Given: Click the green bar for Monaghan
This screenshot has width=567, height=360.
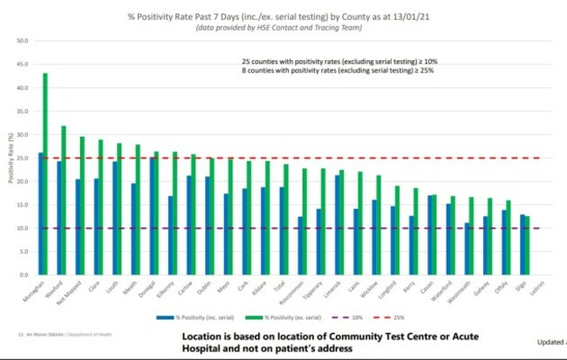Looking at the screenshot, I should (x=45, y=174).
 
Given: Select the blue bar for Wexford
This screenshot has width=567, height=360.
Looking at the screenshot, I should (x=59, y=218).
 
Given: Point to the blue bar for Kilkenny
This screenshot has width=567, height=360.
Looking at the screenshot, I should (x=169, y=235).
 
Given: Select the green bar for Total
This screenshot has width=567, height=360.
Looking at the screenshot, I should (x=286, y=219).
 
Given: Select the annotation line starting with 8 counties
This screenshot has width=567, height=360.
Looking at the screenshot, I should (x=338, y=71).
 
